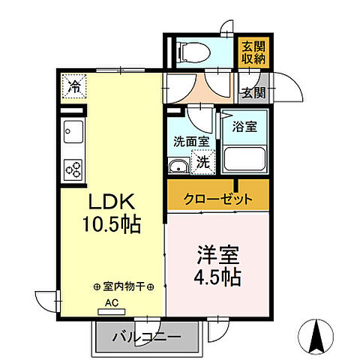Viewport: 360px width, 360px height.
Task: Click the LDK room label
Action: tap(112, 202)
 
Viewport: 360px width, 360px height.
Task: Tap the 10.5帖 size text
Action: tap(112, 223)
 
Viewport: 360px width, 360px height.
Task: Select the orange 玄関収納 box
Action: tap(251, 53)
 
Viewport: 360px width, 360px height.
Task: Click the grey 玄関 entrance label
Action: tap(252, 93)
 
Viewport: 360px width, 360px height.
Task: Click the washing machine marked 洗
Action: tap(202, 160)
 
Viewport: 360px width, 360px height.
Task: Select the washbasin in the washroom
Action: tap(178, 166)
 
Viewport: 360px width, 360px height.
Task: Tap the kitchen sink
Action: tap(73, 133)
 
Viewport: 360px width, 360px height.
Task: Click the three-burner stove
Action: tap(73, 169)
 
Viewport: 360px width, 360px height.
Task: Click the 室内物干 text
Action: tap(124, 287)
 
